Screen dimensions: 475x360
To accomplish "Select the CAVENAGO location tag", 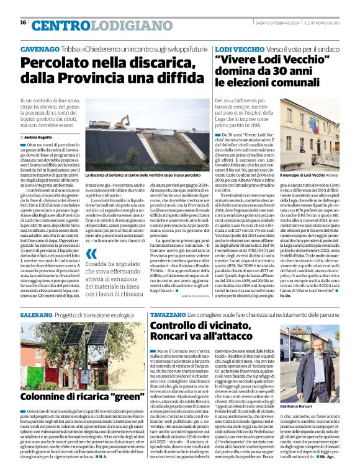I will point(40,49).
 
